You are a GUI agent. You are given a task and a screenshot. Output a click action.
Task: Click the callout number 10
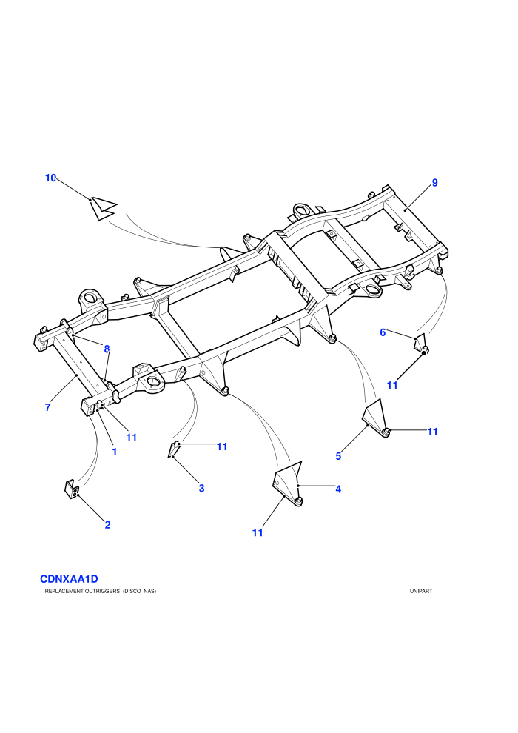pyautogui.click(x=50, y=178)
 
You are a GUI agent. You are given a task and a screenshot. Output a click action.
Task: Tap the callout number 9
pyautogui.click(x=435, y=183)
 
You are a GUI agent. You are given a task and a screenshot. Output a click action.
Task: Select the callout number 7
pyautogui.click(x=47, y=408)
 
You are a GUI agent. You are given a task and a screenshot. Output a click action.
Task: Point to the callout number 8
pyautogui.click(x=107, y=349)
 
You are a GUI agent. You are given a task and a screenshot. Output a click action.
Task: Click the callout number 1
pyautogui.click(x=115, y=452)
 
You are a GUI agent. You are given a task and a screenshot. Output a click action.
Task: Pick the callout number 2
pyautogui.click(x=108, y=525)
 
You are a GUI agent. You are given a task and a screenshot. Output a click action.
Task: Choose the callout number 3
pyautogui.click(x=202, y=489)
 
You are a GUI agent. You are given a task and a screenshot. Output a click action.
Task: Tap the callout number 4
pyautogui.click(x=338, y=489)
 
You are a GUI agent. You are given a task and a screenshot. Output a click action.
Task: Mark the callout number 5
pyautogui.click(x=338, y=456)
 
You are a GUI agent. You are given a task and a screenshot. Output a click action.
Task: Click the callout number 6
pyautogui.click(x=383, y=333)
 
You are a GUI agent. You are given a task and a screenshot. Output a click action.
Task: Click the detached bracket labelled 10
pyautogui.click(x=103, y=208)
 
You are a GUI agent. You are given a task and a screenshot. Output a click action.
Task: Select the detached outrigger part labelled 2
pyautogui.click(x=72, y=489)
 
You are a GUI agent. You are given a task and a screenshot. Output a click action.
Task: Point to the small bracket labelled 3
pyautogui.click(x=173, y=449)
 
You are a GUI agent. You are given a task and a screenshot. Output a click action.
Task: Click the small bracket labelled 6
pyautogui.click(x=421, y=344)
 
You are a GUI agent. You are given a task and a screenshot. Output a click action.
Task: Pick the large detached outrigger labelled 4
pyautogui.click(x=288, y=483)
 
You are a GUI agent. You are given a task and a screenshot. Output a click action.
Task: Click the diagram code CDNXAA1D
pyautogui.click(x=69, y=579)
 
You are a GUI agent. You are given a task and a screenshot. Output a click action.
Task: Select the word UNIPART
pyautogui.click(x=421, y=592)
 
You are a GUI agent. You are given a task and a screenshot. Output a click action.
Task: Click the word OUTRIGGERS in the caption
pyautogui.click(x=99, y=592)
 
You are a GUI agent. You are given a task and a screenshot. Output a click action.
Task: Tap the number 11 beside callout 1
pyautogui.click(x=132, y=438)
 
